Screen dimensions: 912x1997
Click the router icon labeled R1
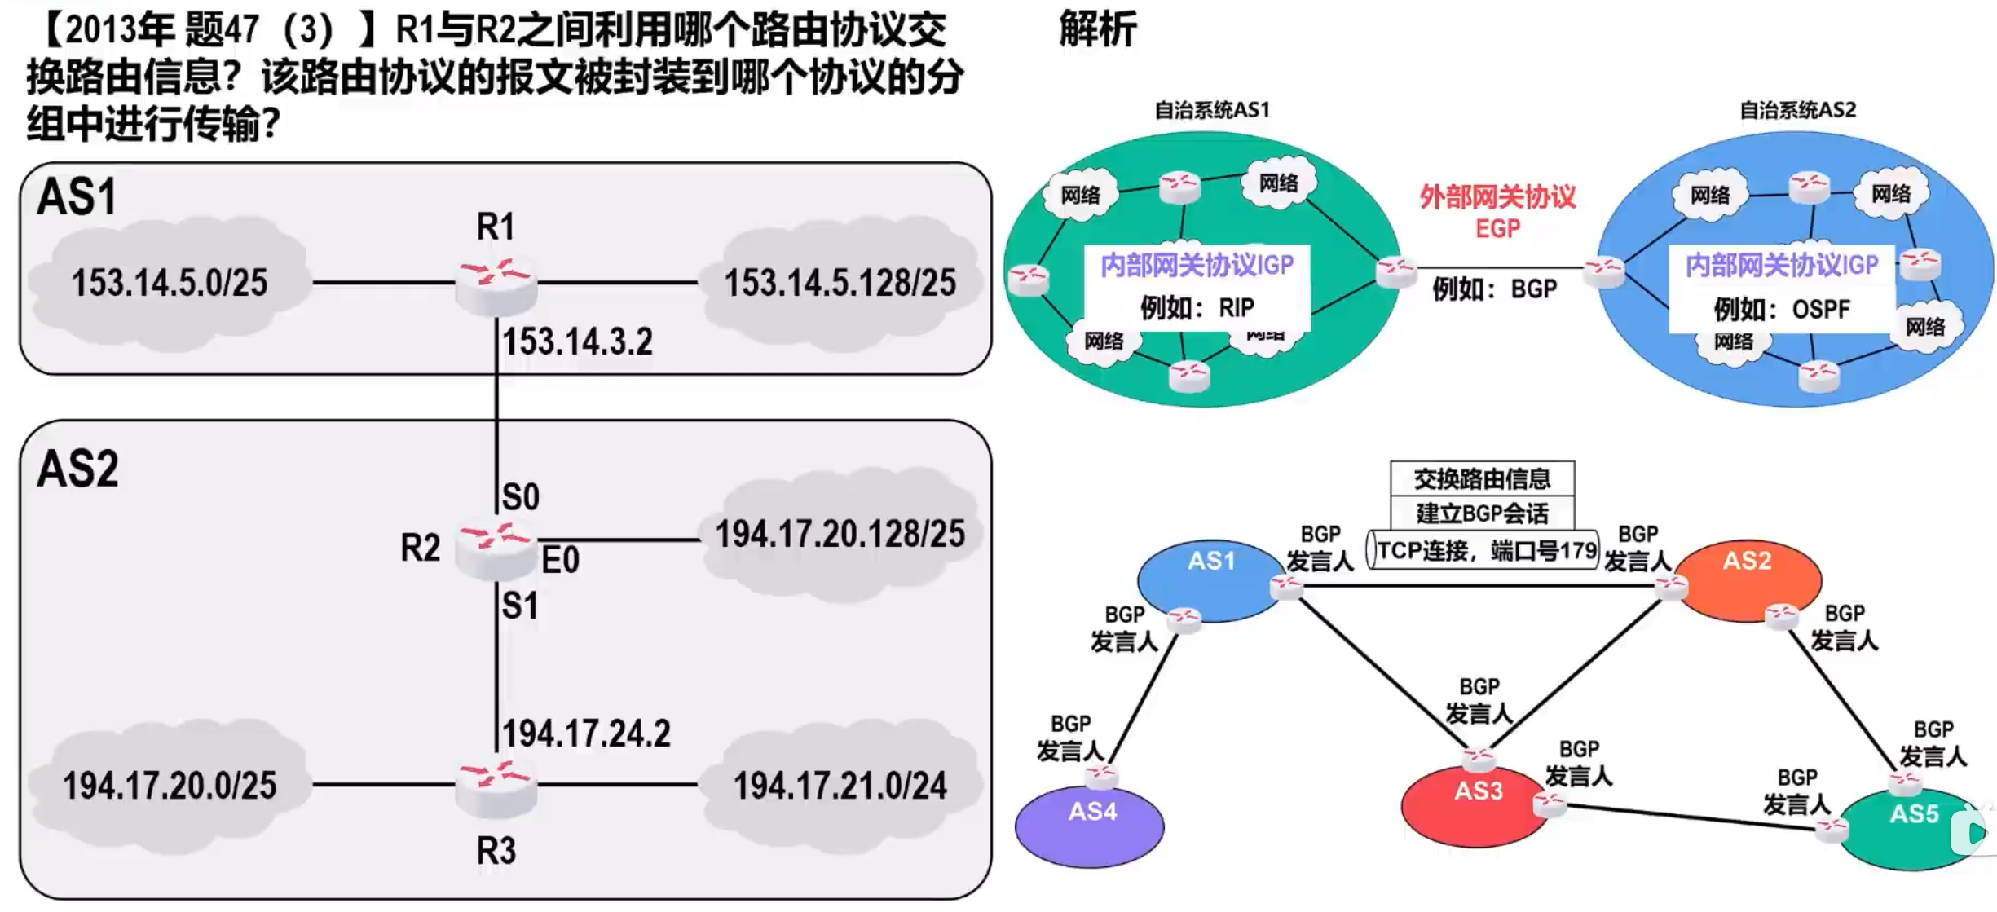click(496, 283)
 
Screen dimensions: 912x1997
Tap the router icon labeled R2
click(495, 548)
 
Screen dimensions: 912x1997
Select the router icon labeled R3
click(496, 786)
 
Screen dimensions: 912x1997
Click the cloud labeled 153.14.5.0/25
click(169, 283)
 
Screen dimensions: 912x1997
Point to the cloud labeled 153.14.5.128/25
click(840, 283)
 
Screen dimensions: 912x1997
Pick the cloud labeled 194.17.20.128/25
click(840, 535)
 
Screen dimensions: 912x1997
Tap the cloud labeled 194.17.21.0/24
click(840, 786)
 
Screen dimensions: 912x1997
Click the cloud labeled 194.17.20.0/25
click(169, 786)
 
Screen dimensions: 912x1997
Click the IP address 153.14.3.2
click(577, 341)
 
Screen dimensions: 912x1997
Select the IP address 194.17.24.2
click(586, 734)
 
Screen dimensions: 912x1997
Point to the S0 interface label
click(520, 496)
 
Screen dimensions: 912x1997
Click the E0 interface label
click(561, 560)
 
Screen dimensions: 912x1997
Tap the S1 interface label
click(520, 606)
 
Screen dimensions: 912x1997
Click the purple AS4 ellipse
click(1090, 825)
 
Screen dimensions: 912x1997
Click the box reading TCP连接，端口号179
click(1483, 550)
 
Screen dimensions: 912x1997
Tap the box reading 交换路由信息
click(1482, 478)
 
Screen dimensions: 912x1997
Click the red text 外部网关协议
click(1497, 197)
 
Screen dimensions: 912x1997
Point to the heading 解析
click(1097, 30)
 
